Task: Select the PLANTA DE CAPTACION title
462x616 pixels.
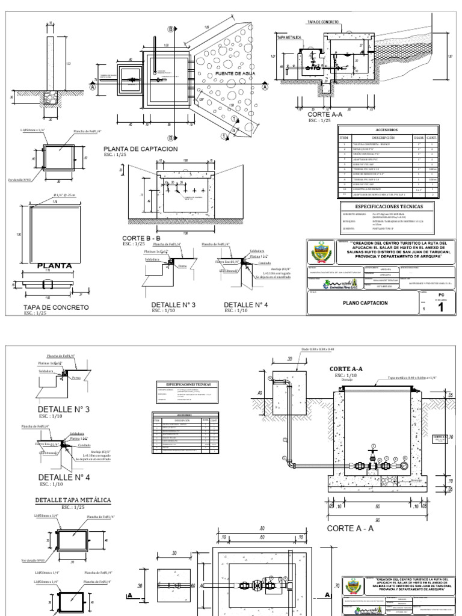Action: (141, 149)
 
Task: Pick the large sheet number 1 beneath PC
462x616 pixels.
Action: (442, 308)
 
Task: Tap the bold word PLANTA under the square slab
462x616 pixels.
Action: (55, 265)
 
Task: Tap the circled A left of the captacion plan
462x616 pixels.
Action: (93, 86)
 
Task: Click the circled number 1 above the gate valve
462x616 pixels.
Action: (374, 446)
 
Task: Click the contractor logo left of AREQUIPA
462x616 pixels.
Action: (340, 281)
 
